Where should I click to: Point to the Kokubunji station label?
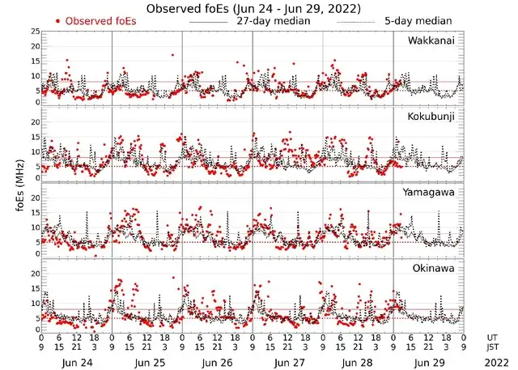point(431,117)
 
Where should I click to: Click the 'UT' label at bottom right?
point(492,337)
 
